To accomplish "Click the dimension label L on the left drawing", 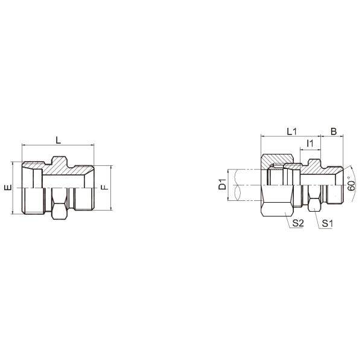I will tap(58, 140).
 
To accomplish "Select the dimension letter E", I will tap(7, 188).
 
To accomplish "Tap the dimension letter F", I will tap(104, 188).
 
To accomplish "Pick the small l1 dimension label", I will tap(310, 143).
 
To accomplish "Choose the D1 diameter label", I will tap(222, 184).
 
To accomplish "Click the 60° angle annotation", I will tap(352, 185).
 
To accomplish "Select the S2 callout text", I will tap(297, 223).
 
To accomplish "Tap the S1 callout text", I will tap(328, 223).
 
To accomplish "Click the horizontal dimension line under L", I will tap(58, 146).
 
